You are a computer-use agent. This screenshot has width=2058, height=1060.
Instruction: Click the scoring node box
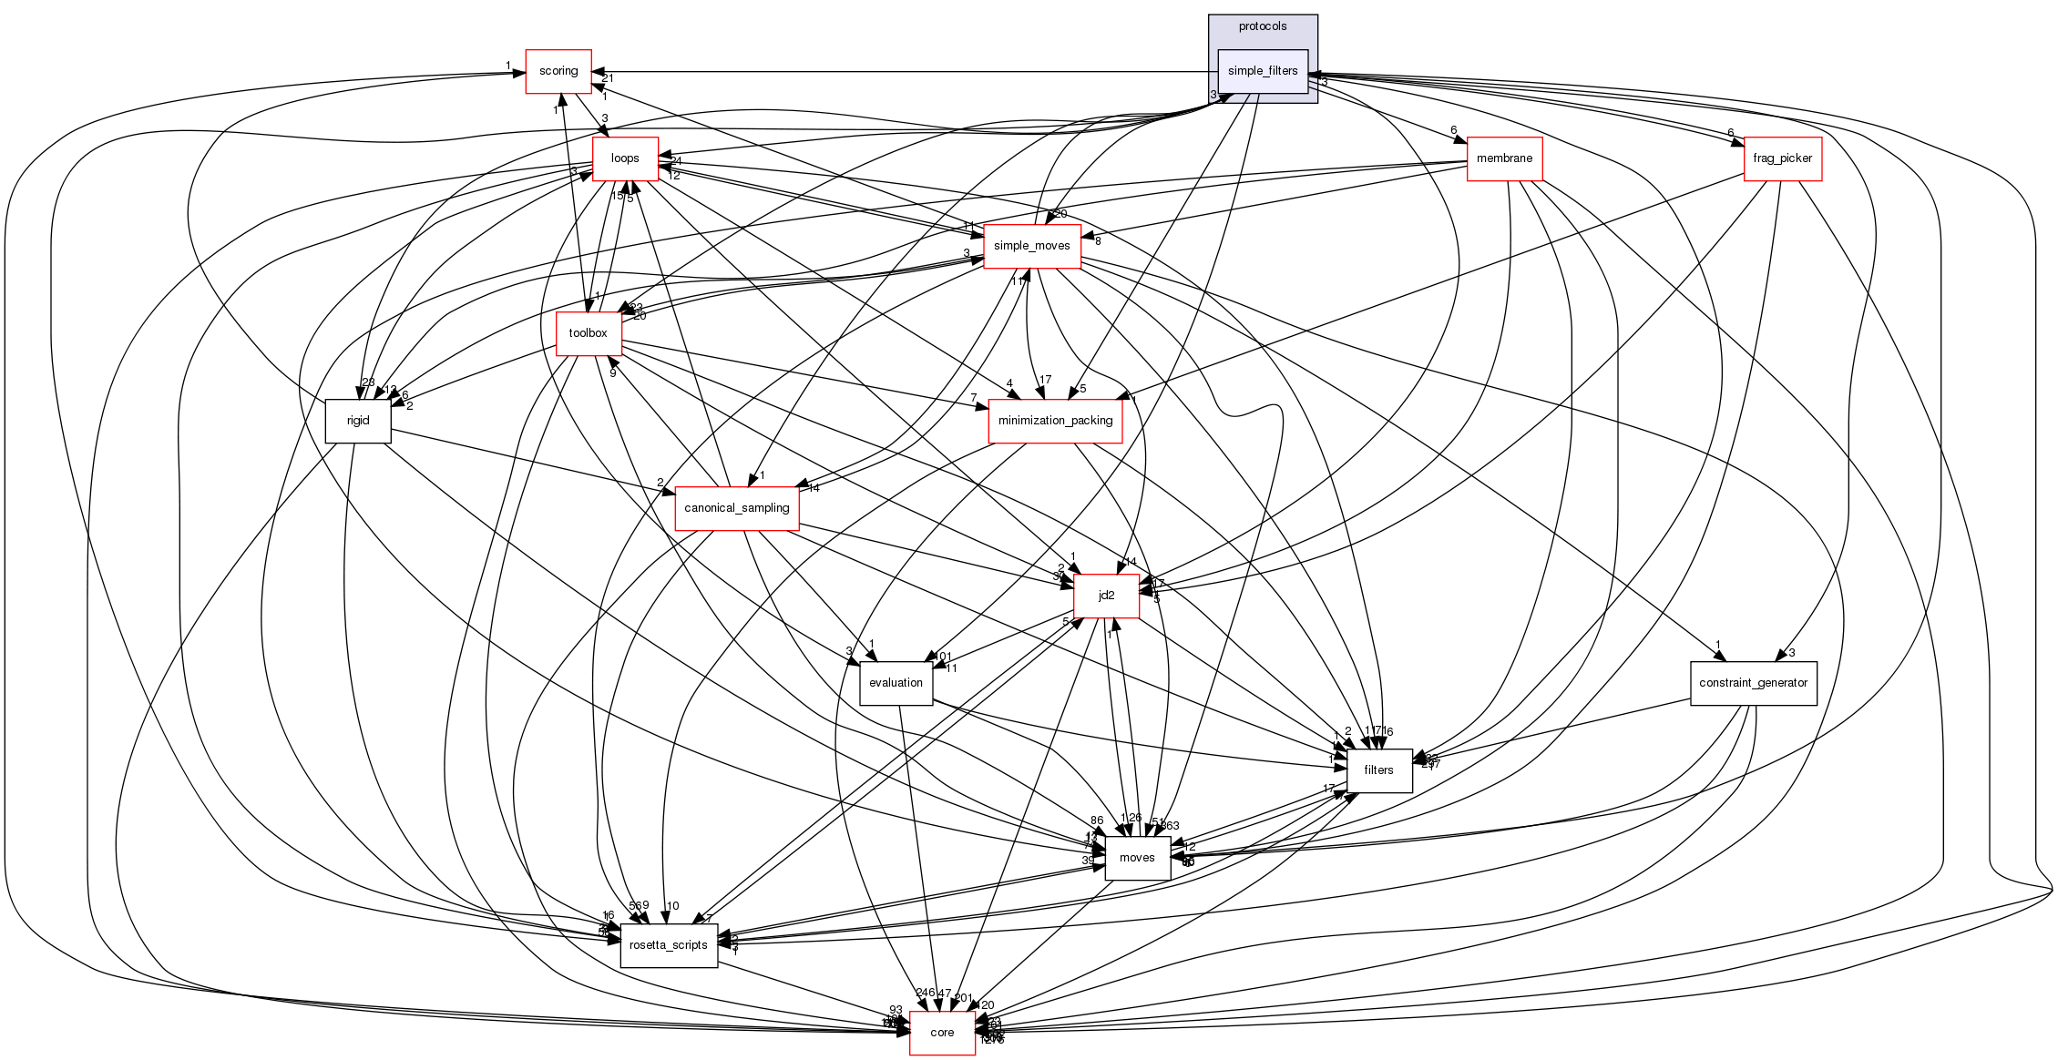pos(558,71)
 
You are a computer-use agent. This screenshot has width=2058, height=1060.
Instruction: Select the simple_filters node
pos(1263,71)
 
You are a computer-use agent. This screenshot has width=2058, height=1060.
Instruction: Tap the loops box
pos(625,158)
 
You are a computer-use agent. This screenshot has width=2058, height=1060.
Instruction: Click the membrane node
pos(1504,158)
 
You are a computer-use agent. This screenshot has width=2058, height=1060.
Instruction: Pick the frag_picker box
pos(1782,158)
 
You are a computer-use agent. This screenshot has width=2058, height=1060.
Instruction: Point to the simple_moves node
pos(1031,246)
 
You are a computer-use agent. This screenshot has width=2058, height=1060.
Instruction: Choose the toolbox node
pos(588,333)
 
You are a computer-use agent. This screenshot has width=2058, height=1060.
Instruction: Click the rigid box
pos(358,421)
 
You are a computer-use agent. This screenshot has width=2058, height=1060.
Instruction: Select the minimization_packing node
pos(1055,421)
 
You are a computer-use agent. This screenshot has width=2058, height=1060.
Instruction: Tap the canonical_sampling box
pos(736,508)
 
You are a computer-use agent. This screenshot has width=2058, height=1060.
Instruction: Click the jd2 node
pos(1106,596)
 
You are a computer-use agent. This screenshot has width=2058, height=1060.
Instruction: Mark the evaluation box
pos(896,683)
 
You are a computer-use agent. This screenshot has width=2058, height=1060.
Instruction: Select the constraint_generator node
pos(1753,683)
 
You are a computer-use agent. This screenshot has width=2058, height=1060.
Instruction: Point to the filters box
pos(1378,770)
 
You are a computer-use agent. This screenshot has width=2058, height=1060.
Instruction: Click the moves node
pos(1137,858)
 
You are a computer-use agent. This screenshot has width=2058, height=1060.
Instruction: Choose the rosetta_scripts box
pos(669,945)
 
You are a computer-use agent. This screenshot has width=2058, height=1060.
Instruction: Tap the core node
pos(942,1033)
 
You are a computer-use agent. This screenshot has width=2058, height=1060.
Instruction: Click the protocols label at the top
pos(1263,26)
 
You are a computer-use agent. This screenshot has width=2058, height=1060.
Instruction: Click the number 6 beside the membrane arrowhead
pos(1454,130)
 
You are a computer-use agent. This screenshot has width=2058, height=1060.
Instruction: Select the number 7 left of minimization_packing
pos(974,398)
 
